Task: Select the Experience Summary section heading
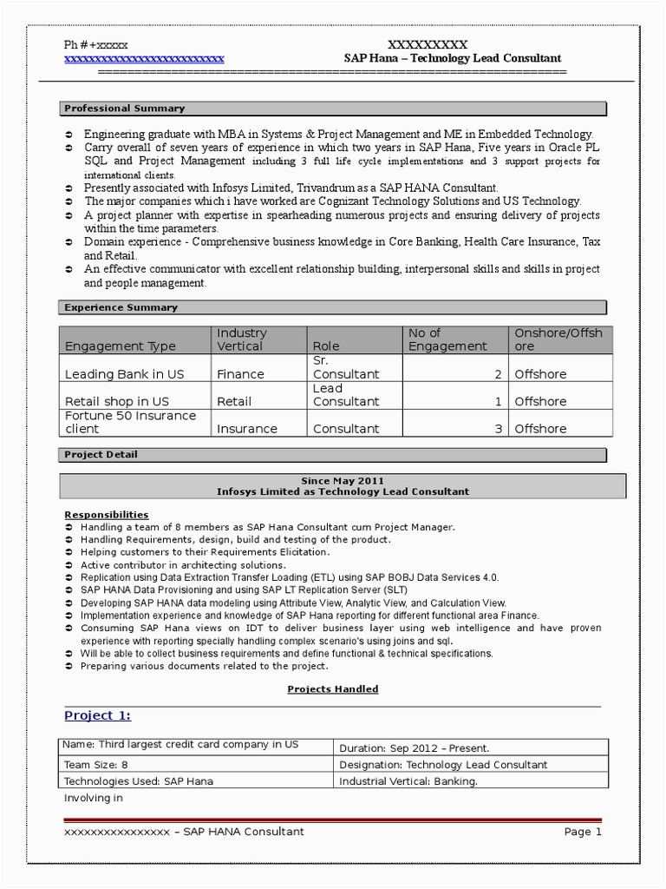tap(121, 307)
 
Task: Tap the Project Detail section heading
tap(101, 454)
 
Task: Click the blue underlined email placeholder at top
tap(145, 59)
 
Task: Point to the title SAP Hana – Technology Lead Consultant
tap(452, 58)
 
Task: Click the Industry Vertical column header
tap(242, 339)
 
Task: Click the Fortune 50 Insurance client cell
tap(131, 422)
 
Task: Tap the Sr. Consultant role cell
tap(346, 367)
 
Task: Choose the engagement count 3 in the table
tap(499, 428)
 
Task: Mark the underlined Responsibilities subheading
tap(107, 515)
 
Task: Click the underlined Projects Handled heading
tap(333, 689)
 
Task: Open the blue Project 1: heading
tap(98, 715)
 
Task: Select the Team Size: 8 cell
tap(96, 765)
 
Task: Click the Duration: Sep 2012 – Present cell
tap(415, 747)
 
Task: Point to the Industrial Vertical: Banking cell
tap(408, 781)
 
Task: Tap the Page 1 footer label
tap(583, 832)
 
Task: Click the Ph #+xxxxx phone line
tap(96, 45)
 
